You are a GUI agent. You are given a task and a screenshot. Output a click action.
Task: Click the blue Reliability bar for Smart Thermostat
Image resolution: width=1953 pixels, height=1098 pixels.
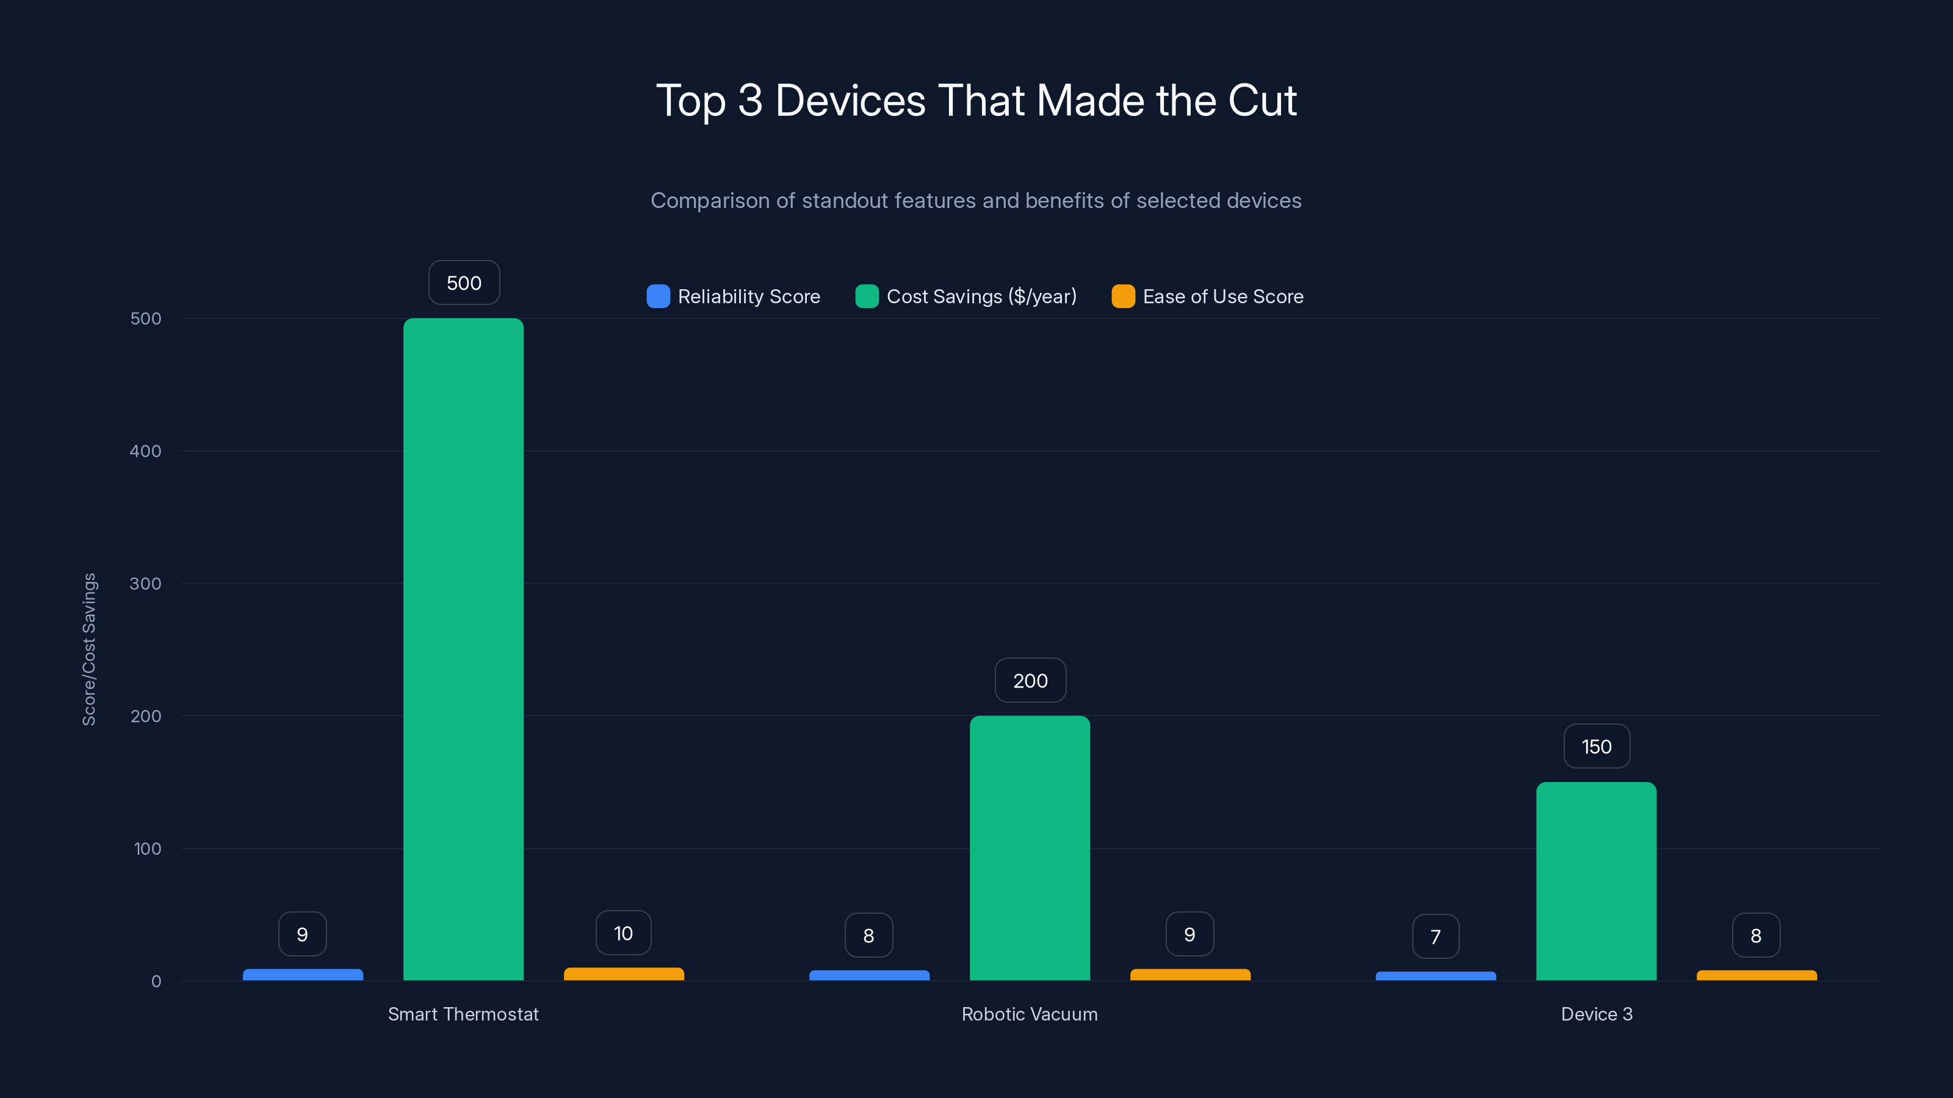pyautogui.click(x=303, y=975)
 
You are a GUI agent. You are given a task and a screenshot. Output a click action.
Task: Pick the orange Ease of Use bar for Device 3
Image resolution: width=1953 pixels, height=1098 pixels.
pyautogui.click(x=1756, y=975)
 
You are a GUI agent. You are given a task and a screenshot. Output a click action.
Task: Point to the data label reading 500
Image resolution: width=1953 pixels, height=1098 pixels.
pyautogui.click(x=464, y=282)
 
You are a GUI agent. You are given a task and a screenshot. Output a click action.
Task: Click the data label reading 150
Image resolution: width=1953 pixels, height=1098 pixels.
pyautogui.click(x=1597, y=747)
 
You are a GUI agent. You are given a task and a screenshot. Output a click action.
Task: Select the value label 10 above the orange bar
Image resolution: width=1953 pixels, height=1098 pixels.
pyautogui.click(x=623, y=933)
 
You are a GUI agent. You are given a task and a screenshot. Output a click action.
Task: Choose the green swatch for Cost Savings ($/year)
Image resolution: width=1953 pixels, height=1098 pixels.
pyautogui.click(x=867, y=296)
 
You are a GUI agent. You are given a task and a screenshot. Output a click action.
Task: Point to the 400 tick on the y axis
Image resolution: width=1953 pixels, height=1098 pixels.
pyautogui.click(x=146, y=451)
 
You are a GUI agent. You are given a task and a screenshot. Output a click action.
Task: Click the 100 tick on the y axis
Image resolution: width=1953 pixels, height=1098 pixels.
pyautogui.click(x=147, y=849)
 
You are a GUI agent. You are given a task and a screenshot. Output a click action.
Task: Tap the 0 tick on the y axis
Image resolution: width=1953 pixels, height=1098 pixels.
pyautogui.click(x=156, y=981)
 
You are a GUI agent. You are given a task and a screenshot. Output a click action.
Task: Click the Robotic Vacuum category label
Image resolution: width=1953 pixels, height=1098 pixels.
pyautogui.click(x=1030, y=1014)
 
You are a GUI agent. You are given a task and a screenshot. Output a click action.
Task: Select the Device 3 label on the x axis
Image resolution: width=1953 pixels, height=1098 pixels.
pyautogui.click(x=1597, y=1014)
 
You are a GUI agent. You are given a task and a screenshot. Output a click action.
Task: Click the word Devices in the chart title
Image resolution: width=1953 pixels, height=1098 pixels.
pyautogui.click(x=850, y=101)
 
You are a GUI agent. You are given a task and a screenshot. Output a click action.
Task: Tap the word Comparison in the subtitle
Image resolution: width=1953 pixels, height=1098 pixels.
pyautogui.click(x=710, y=200)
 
